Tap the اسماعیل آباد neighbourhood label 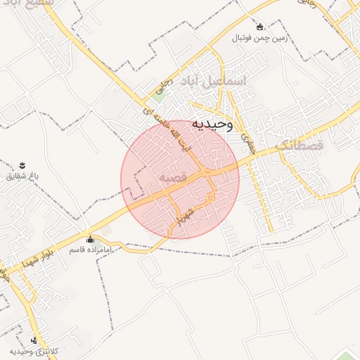point(214,81)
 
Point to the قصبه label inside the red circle point(172,179)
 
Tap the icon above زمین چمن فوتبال point(260,27)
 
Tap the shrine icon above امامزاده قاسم point(89,239)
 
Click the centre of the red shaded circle point(180,179)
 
